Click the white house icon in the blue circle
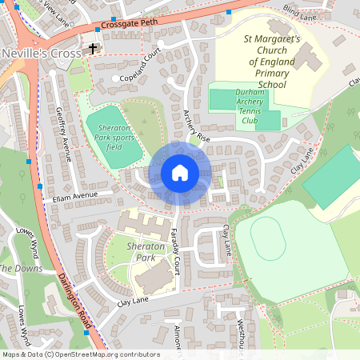180,172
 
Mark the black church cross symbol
93,48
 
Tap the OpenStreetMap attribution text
80,354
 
